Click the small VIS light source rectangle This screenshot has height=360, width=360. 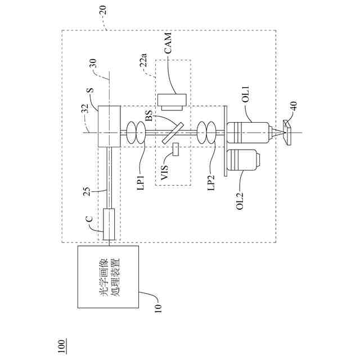(x=175, y=150)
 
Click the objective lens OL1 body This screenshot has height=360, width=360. (x=247, y=133)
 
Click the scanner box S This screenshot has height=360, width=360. (x=109, y=127)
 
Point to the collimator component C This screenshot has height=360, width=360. (x=109, y=224)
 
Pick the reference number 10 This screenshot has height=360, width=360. (x=158, y=308)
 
